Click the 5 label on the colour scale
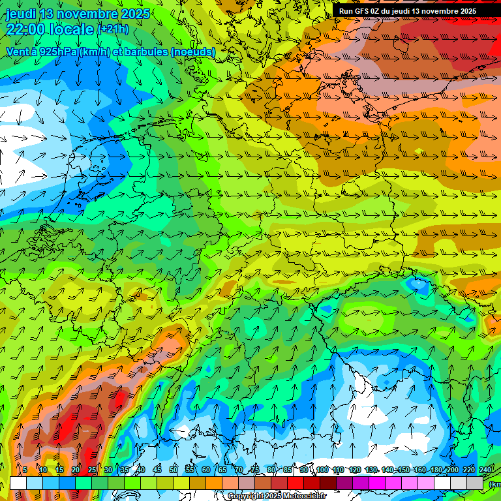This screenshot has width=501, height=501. coord(25,470)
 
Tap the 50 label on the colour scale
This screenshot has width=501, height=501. coord(174,470)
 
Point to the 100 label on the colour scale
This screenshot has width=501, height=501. coord(322,470)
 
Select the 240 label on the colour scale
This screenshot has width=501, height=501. coord(485,470)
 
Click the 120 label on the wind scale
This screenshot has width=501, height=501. coord(355,470)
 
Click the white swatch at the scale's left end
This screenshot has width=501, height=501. coord(18,483)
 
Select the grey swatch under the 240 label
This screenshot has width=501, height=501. coord(476,483)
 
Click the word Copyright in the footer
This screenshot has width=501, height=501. coord(246,496)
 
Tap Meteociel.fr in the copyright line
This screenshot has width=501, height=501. coord(305,496)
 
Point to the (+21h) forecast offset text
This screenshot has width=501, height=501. coord(113,29)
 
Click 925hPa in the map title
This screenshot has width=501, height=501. coord(59,52)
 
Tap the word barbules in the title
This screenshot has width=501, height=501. coord(140,52)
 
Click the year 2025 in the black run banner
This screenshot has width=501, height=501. coord(466,11)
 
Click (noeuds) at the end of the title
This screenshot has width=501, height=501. coord(192,52)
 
